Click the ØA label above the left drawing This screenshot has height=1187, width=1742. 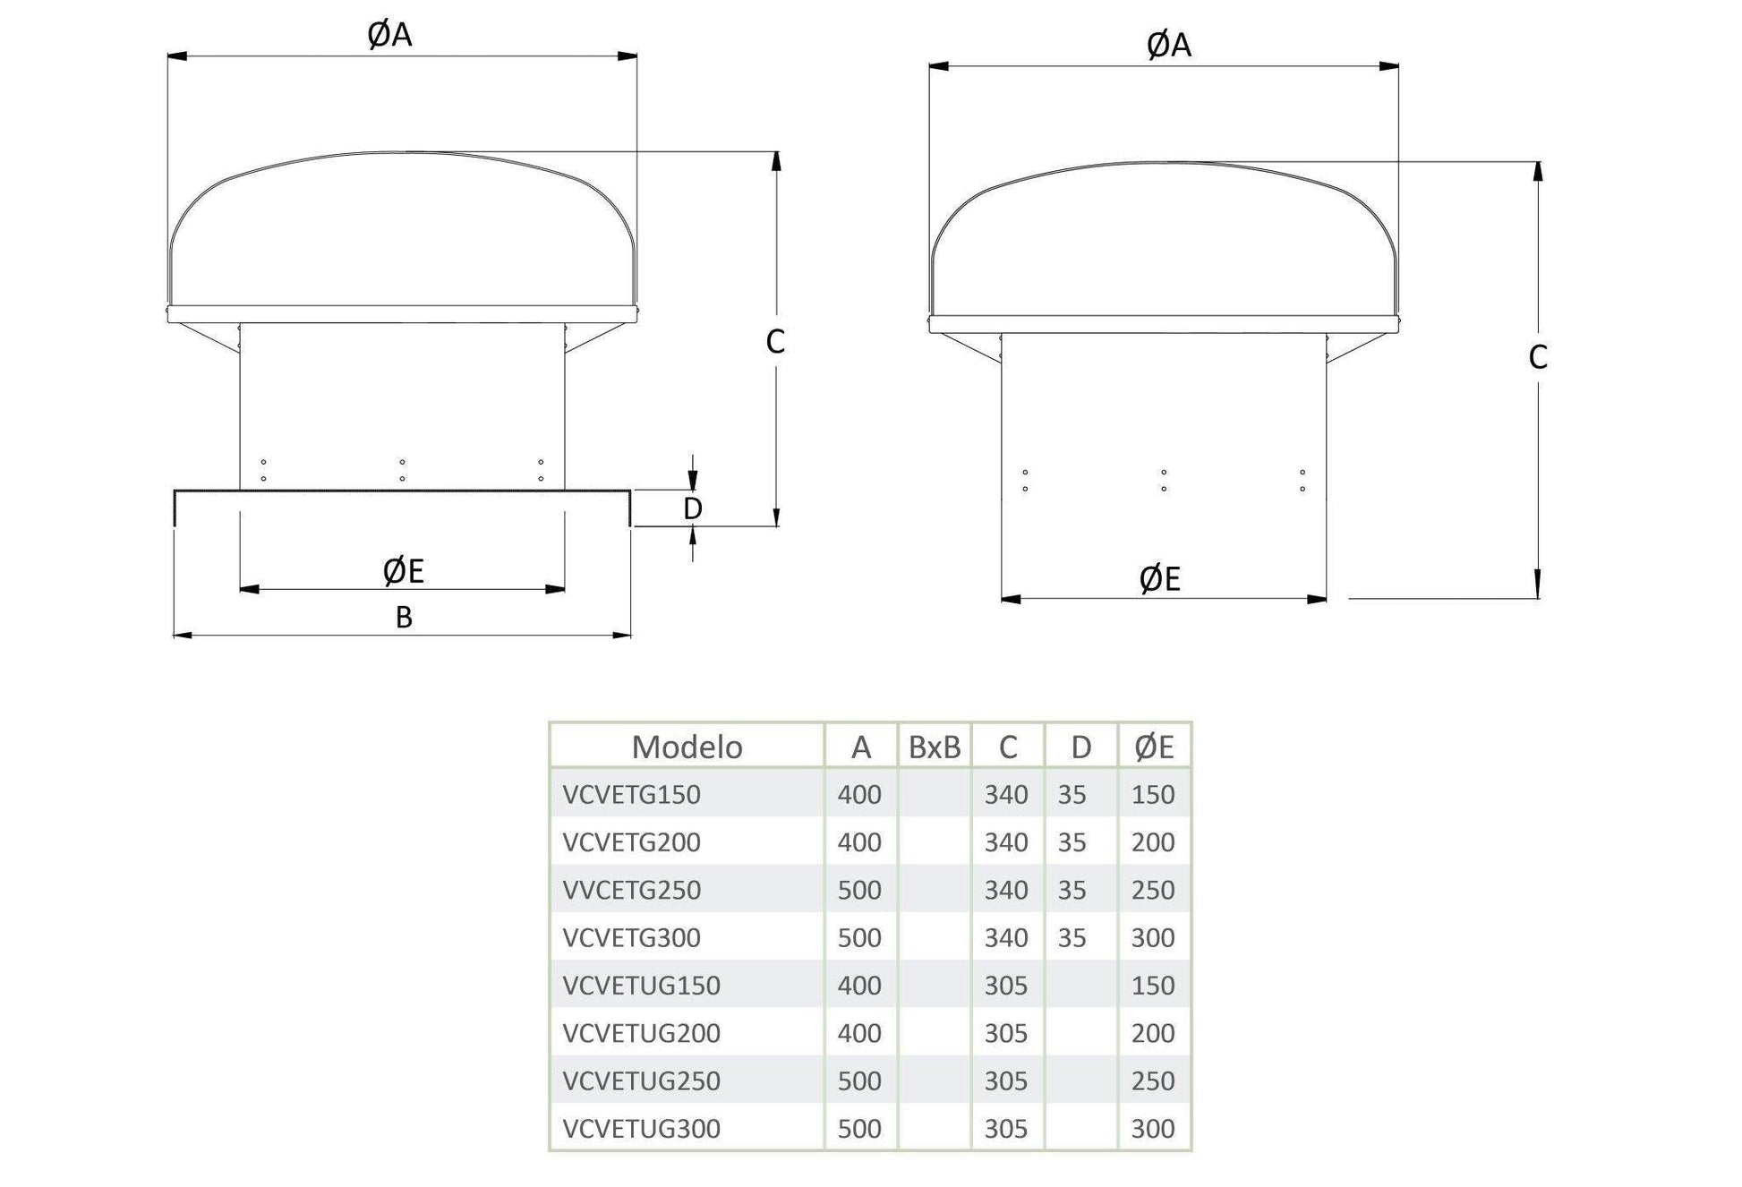point(389,34)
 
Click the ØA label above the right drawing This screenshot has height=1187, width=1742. point(1168,44)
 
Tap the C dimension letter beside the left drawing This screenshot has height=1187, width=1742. point(775,341)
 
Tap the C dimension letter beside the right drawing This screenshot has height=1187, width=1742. point(1537,357)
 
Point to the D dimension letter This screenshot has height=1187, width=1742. point(692,508)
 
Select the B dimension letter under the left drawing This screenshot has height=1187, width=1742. point(404,617)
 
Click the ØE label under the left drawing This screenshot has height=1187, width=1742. point(403,570)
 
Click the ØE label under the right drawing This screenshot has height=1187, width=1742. point(1159,579)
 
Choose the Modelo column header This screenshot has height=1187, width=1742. point(687,747)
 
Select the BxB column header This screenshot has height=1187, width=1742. point(934,747)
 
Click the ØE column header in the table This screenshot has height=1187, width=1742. point(1153,747)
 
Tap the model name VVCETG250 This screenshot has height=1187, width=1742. point(631,890)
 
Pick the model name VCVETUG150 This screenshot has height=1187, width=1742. point(641,986)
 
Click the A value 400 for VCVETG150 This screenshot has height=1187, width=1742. point(859,794)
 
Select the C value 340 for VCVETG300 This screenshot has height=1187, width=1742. point(1006,937)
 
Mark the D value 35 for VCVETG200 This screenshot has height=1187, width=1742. point(1072,842)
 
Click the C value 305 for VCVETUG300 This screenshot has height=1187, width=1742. point(1006,1129)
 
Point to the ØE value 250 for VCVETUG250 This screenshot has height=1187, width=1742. point(1152,1080)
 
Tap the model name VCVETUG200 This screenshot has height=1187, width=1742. point(641,1033)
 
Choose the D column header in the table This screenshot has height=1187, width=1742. point(1080,747)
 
